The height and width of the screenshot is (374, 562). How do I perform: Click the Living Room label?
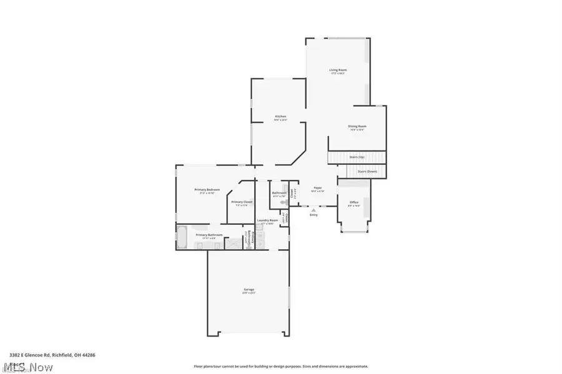[338, 70]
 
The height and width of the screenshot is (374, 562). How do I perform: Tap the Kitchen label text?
[280, 117]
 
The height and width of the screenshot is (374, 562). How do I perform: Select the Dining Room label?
[357, 126]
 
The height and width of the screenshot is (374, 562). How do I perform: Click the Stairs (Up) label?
[357, 157]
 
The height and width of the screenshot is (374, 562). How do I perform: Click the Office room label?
[354, 202]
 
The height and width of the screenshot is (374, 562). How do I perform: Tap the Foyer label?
[317, 187]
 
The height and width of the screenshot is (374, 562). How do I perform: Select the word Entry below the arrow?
[313, 215]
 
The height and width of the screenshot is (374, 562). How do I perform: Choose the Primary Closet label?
[241, 202]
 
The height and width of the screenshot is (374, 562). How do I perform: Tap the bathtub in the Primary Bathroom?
[182, 237]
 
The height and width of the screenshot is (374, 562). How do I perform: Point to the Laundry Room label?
[267, 220]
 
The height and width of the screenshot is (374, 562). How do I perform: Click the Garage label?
[249, 289]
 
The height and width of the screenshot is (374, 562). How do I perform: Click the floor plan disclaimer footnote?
[280, 367]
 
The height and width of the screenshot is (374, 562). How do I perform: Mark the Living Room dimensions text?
[338, 74]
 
